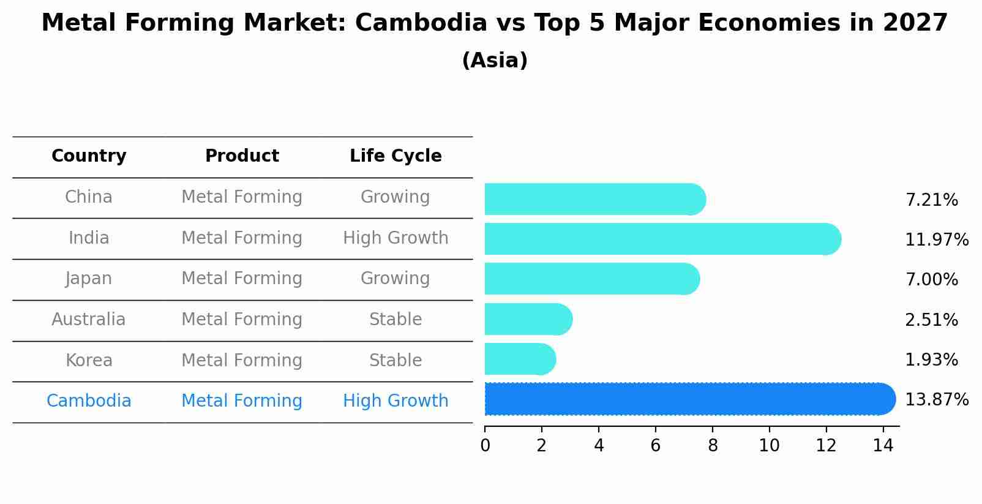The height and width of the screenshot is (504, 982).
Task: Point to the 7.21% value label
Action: click(931, 200)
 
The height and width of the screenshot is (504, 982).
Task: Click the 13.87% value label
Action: click(936, 400)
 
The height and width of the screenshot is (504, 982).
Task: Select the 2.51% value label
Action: click(931, 320)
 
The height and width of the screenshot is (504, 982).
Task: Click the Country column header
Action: click(89, 156)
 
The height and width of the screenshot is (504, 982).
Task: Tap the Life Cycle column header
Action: click(395, 156)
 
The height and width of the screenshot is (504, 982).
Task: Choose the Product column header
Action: click(242, 156)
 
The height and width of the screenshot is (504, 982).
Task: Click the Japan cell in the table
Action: click(89, 279)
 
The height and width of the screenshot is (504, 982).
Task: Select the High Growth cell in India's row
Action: click(395, 238)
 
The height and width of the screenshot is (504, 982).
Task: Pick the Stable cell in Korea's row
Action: click(395, 360)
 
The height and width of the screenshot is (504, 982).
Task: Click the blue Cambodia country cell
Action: click(89, 401)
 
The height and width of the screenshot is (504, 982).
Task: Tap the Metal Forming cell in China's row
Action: click(242, 197)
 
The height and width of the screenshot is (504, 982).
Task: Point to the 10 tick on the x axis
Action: click(769, 446)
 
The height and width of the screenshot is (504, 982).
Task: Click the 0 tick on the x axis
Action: click(485, 446)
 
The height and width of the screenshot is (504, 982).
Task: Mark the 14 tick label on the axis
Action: click(883, 446)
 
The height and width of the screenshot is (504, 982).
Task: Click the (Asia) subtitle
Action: click(495, 61)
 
